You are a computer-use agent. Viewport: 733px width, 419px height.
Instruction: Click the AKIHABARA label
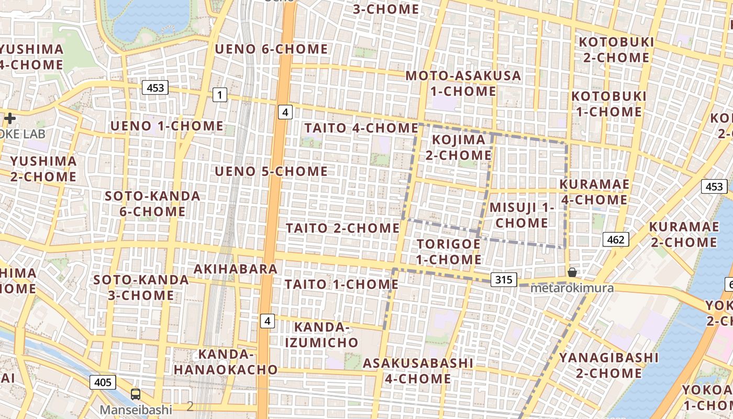point(236,269)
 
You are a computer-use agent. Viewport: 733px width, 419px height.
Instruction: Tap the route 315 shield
point(504,280)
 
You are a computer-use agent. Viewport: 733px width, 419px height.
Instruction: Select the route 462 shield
point(615,239)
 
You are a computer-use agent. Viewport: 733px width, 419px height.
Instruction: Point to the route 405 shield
point(103,382)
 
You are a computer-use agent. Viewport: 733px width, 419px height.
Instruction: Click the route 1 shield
point(220,95)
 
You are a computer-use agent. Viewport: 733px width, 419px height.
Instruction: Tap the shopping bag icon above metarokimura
point(572,272)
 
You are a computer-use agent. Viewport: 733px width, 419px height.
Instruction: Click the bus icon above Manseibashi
point(136,394)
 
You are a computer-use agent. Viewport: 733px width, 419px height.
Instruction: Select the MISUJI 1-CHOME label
point(521,215)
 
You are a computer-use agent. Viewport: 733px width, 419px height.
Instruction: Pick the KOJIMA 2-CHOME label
point(458,147)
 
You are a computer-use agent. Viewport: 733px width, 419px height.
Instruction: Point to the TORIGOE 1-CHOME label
point(449,251)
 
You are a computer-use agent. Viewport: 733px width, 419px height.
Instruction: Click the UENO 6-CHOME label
point(271,49)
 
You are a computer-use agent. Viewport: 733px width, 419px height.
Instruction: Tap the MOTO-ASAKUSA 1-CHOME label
point(463,83)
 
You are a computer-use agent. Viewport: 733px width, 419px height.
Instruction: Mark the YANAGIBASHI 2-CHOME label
point(609,365)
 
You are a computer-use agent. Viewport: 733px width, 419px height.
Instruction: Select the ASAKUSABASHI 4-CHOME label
point(418,370)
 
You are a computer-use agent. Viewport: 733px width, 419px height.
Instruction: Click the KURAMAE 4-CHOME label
point(594,192)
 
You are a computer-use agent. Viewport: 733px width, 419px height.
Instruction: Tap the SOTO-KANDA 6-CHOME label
point(152,204)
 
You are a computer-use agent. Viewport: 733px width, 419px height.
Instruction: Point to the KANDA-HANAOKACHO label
point(226,361)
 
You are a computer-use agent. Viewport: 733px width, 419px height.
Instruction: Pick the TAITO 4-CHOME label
point(361,128)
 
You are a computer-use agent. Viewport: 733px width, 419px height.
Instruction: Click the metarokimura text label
point(572,288)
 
